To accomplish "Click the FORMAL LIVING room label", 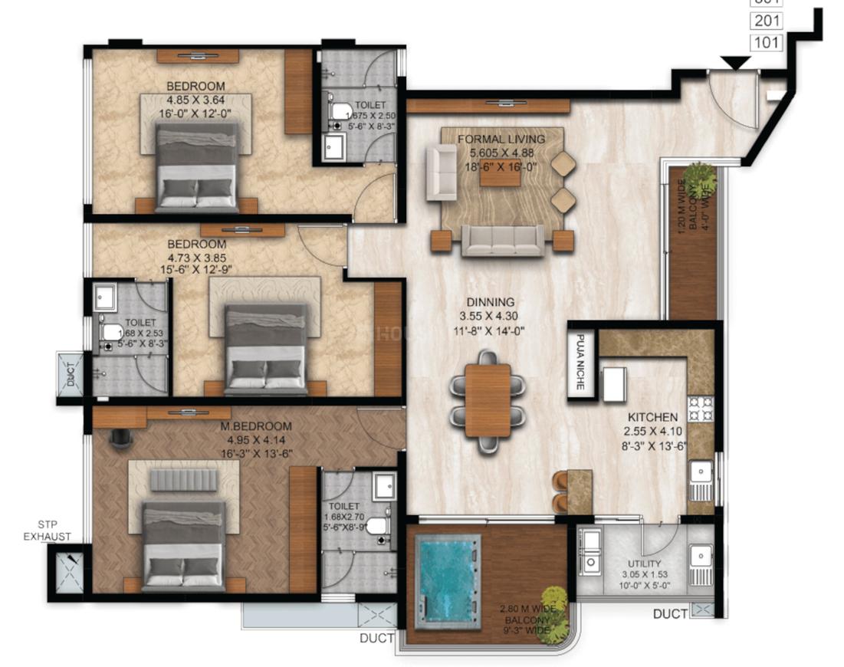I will pyautogui.click(x=501, y=139).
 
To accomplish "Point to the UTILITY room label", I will pyautogui.click(x=642, y=564).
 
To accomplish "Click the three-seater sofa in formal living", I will pyautogui.click(x=502, y=241).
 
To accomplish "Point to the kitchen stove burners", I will pyautogui.click(x=700, y=409).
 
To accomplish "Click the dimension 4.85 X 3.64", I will pyautogui.click(x=195, y=100).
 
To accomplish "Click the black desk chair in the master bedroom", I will pyautogui.click(x=119, y=436).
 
